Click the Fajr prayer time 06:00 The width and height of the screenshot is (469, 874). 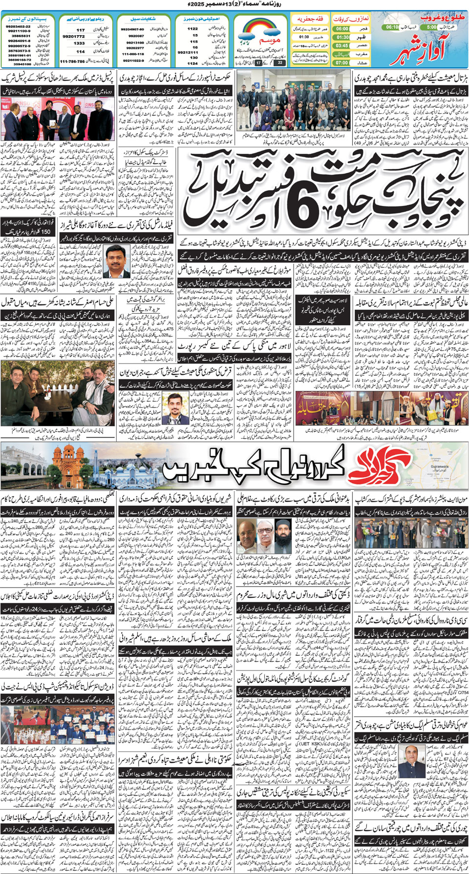pos(342,29)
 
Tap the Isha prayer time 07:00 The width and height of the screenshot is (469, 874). pos(342,62)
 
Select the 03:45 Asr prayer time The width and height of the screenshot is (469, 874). pos(342,45)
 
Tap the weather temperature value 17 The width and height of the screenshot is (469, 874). pos(258,63)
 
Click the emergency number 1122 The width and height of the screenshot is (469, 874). pos(192,29)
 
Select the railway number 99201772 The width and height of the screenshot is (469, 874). pos(74,36)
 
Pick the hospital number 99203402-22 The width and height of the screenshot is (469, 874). pos(18,26)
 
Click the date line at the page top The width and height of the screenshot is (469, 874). pos(234,4)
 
